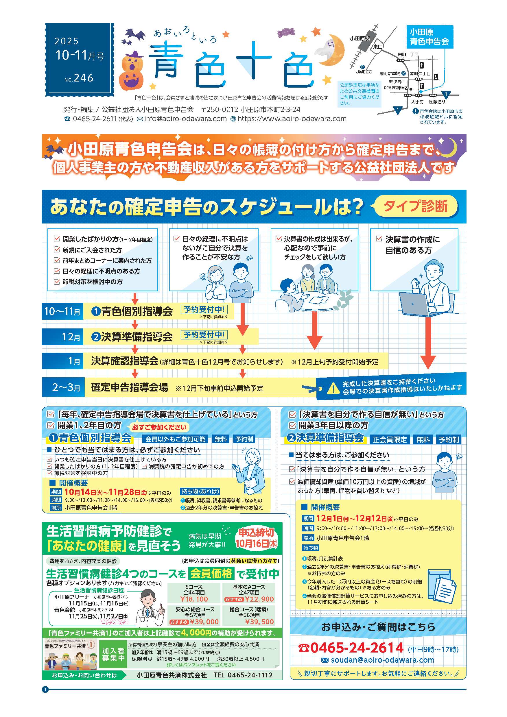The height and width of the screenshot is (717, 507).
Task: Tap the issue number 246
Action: pyautogui.click(x=83, y=78)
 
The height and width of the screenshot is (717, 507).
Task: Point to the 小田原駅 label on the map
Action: pyautogui.click(x=359, y=38)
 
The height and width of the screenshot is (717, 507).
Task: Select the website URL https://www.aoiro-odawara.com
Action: pyautogui.click(x=292, y=119)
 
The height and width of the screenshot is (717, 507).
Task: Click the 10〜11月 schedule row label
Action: pyautogui.click(x=62, y=311)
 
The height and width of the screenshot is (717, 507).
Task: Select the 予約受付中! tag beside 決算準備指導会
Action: pyautogui.click(x=204, y=335)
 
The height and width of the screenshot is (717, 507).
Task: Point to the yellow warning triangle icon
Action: pyautogui.click(x=333, y=388)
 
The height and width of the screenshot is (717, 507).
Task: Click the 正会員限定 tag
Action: pyautogui.click(x=390, y=440)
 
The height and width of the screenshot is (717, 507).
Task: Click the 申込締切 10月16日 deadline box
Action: pyautogui.click(x=256, y=538)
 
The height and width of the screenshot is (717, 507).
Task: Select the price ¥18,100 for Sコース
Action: pyautogui.click(x=194, y=599)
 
